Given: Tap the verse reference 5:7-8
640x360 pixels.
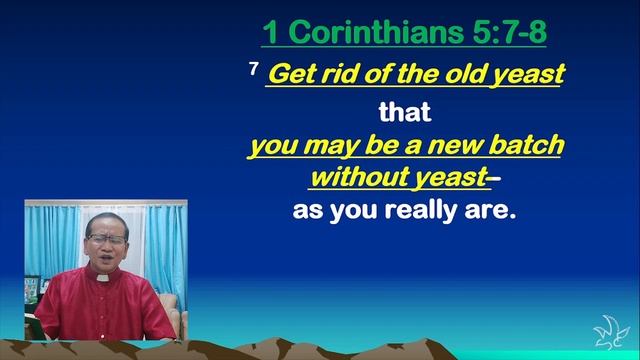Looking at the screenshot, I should pyautogui.click(x=501, y=34).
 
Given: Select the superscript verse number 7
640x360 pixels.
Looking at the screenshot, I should pyautogui.click(x=255, y=70).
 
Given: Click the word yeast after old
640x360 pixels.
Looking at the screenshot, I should pyautogui.click(x=523, y=76).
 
